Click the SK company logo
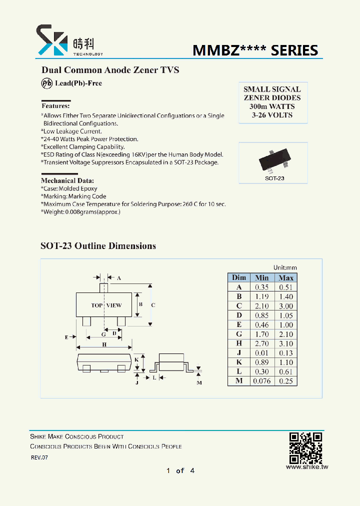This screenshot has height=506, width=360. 51,40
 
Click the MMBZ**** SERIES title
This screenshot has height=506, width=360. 255,50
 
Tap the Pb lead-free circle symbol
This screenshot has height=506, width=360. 46,83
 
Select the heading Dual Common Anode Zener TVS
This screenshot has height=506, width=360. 109,70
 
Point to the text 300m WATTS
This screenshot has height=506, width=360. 272,106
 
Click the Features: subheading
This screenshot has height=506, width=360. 55,106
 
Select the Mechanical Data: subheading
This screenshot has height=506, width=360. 67,180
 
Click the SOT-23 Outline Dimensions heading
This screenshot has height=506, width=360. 98,246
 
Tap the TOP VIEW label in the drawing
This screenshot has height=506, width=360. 106,305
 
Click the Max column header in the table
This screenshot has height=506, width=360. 286,277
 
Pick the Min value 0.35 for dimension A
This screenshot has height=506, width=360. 261,287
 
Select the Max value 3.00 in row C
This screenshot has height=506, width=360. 286,306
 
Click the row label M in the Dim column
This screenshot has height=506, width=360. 239,381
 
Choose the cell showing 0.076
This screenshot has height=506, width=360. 261,381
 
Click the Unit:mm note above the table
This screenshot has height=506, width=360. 285,268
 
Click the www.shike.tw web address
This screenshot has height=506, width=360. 306,467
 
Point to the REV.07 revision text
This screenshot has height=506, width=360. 39,457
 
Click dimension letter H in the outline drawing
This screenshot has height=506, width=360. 104,344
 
